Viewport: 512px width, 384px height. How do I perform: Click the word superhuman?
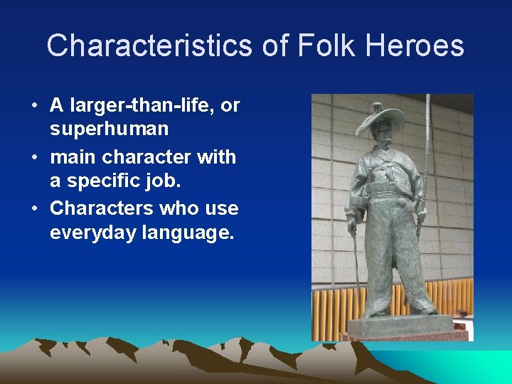110,129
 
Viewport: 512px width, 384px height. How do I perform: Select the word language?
191,232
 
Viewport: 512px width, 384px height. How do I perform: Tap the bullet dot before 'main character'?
34,158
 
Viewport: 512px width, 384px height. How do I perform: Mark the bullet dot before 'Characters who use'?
34,209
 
